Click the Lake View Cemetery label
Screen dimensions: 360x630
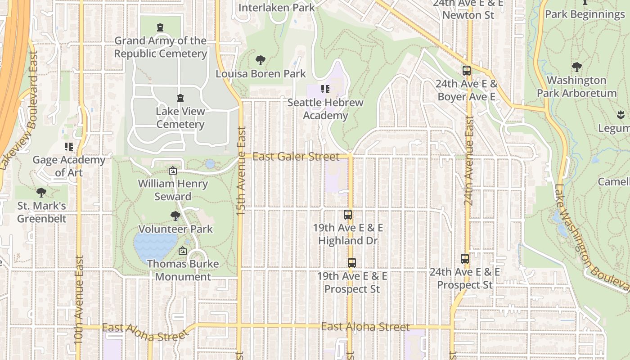(x=180, y=118)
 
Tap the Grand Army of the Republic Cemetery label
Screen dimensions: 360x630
(x=160, y=47)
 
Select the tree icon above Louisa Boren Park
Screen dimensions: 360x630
(x=260, y=60)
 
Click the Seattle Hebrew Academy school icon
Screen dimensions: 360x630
(x=325, y=89)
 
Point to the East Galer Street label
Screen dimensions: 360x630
(x=296, y=157)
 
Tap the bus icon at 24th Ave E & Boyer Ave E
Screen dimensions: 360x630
(x=466, y=71)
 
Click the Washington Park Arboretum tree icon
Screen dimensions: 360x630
(x=577, y=67)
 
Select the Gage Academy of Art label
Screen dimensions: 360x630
(x=69, y=166)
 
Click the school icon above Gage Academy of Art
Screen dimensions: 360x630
(x=69, y=147)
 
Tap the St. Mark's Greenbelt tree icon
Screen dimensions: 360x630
(x=41, y=193)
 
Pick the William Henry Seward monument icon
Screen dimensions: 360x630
(x=172, y=171)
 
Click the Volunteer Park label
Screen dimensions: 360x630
(x=175, y=229)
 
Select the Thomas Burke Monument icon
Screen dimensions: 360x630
(x=183, y=251)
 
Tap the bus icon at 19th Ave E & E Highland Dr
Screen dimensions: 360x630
(x=348, y=215)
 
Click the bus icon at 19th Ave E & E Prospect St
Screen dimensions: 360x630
(x=352, y=262)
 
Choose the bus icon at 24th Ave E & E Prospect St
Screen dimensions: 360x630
(x=465, y=259)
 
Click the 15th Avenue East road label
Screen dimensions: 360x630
(x=241, y=171)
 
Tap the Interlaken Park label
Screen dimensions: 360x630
(x=276, y=8)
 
